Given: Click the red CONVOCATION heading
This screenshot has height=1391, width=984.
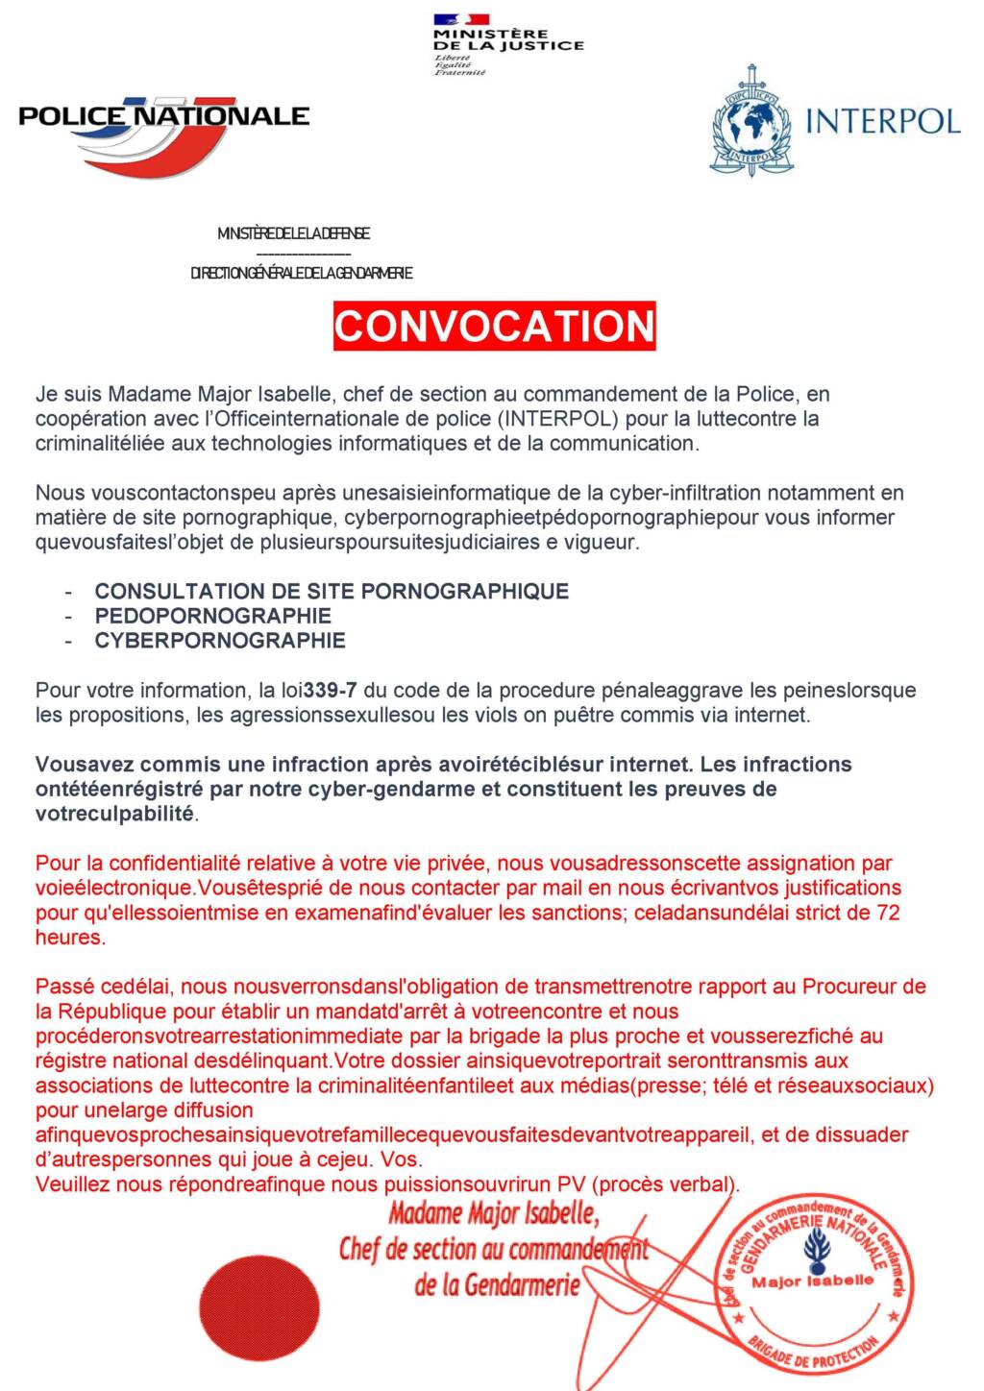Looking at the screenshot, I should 494,326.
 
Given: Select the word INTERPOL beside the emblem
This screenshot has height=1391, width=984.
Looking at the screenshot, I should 882,121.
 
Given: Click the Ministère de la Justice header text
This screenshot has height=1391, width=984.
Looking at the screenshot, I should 507,40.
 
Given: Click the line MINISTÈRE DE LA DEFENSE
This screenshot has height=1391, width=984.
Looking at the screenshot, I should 294,233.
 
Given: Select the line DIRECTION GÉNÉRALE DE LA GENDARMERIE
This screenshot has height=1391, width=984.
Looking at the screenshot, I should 302,274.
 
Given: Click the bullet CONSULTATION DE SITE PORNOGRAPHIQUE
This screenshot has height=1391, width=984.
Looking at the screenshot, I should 332,591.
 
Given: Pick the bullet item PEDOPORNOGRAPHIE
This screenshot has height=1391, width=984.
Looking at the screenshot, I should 212,616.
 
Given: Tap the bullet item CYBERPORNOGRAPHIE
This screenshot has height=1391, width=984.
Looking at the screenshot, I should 220,640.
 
